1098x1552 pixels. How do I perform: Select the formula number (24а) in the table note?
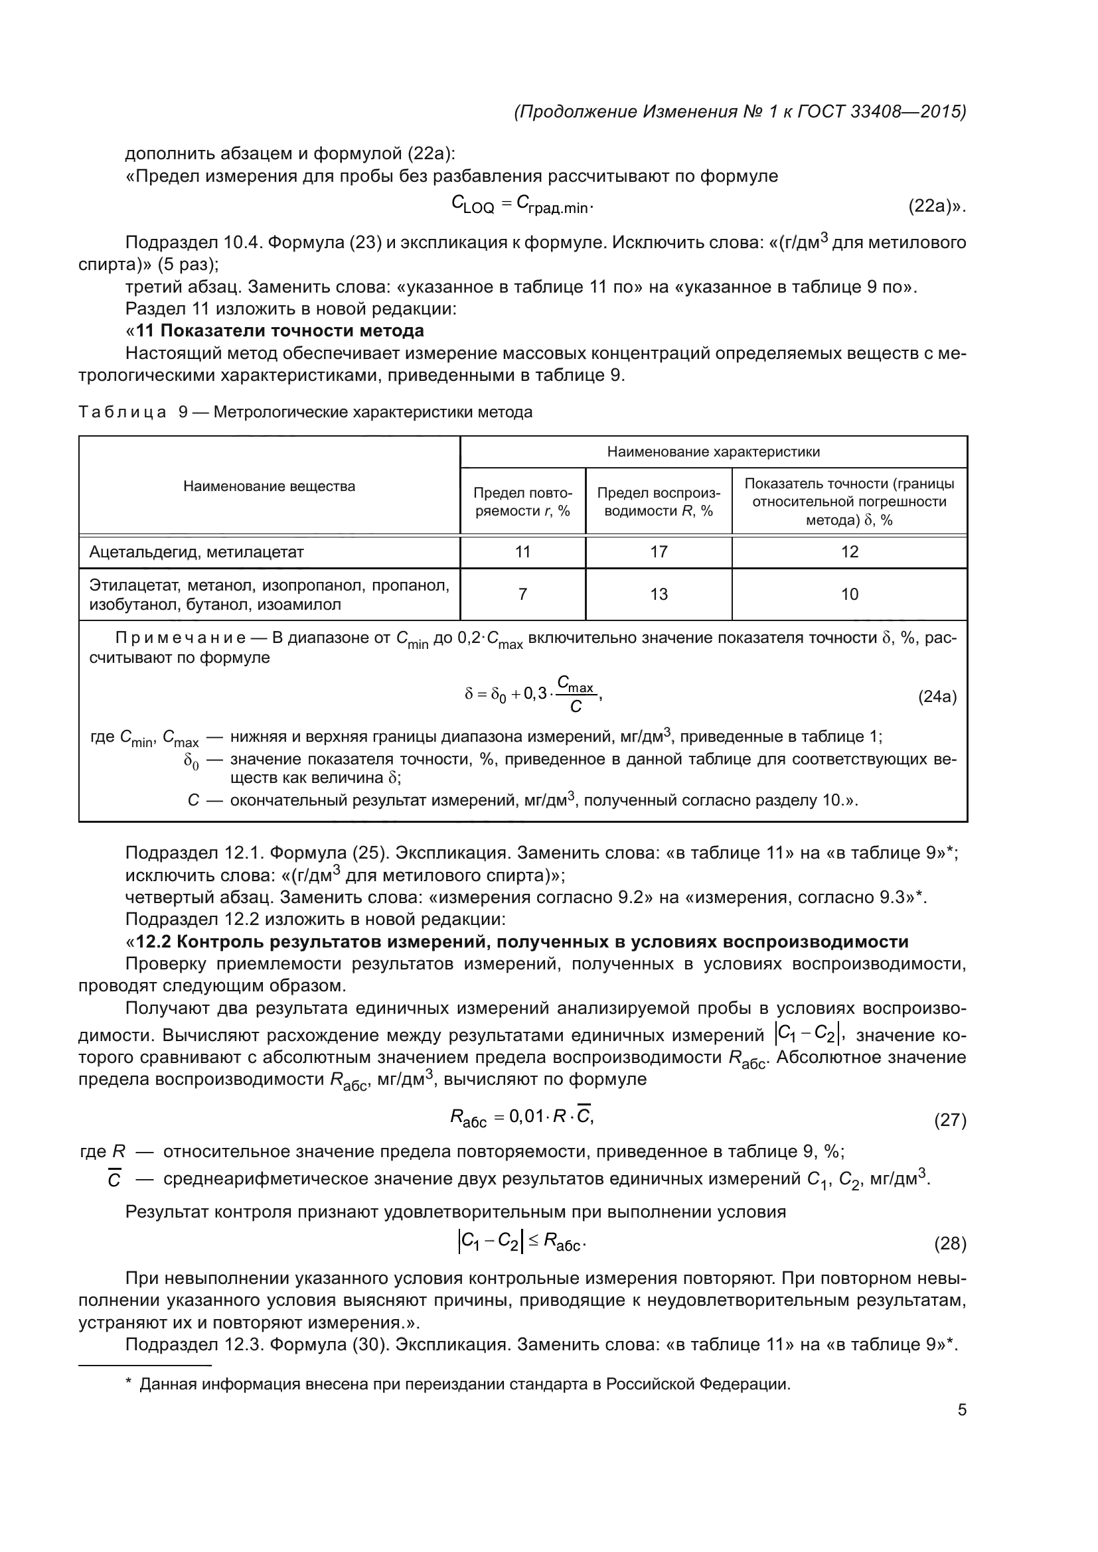(937, 697)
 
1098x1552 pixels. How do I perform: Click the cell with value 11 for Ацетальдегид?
(522, 551)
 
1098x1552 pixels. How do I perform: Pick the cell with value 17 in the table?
(659, 551)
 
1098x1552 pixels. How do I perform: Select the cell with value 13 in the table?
(659, 594)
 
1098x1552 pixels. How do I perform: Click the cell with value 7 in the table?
(522, 594)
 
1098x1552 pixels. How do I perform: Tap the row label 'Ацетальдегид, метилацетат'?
(196, 551)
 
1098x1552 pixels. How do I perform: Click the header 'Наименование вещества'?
(269, 486)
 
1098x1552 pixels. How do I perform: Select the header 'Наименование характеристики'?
(713, 452)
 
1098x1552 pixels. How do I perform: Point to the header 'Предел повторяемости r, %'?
(522, 502)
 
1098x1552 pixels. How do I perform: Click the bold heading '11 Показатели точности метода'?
(280, 330)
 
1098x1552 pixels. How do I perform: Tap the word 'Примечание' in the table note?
(181, 638)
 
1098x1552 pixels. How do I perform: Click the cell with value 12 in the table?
(849, 551)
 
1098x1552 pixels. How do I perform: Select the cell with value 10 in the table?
(849, 594)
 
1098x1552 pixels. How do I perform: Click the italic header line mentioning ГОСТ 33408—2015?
(740, 111)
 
